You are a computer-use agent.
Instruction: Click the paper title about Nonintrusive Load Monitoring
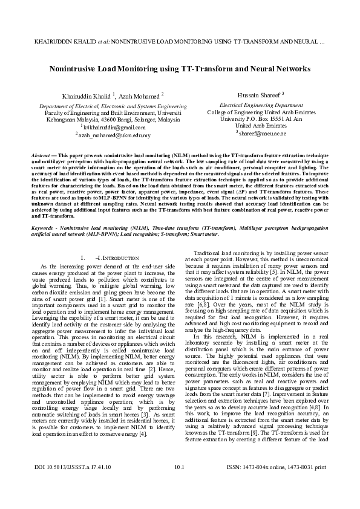(x=180, y=69)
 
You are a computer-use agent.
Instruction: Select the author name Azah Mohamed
(x=141, y=96)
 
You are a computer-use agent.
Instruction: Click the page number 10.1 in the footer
(x=178, y=485)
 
